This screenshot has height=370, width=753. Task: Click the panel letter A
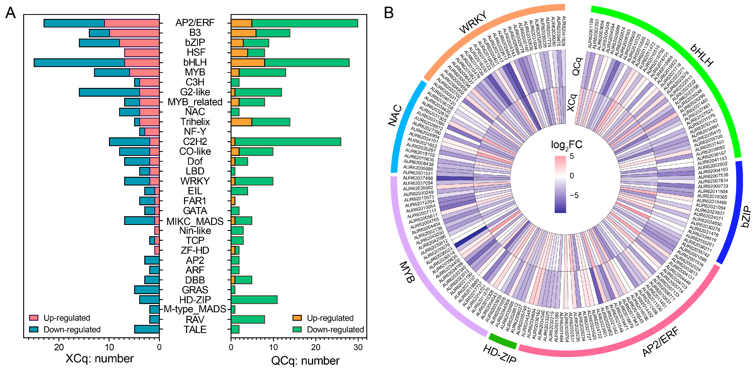click(x=10, y=13)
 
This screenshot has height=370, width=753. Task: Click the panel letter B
click(x=389, y=13)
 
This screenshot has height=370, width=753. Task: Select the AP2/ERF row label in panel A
click(x=195, y=23)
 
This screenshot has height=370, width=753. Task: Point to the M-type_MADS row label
click(x=195, y=309)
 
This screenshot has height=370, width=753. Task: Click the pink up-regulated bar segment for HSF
click(x=142, y=53)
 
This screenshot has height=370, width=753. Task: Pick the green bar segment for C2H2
click(x=288, y=142)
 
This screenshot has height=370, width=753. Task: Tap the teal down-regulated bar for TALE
click(x=147, y=329)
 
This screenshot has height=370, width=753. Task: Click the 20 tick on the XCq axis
click(x=59, y=347)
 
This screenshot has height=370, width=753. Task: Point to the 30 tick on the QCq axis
click(x=358, y=347)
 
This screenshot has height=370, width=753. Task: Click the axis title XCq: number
click(x=99, y=359)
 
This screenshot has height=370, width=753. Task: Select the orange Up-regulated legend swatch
click(x=297, y=318)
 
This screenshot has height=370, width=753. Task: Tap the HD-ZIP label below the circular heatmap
click(x=499, y=354)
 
